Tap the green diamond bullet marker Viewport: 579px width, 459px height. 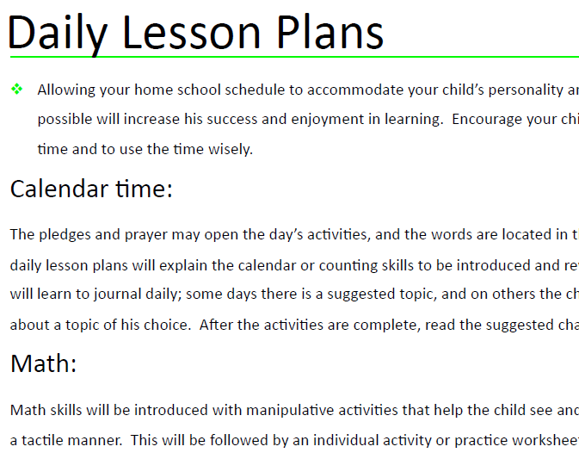16,90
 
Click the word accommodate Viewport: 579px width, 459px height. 348,90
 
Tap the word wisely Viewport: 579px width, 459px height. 229,149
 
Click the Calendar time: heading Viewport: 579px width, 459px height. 91,189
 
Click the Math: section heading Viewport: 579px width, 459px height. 43,364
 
